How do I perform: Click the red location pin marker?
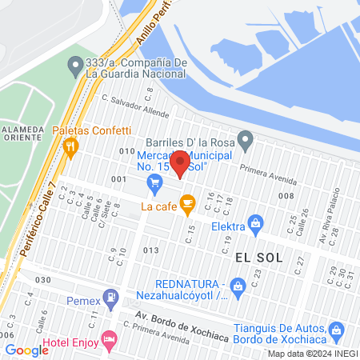[x=182, y=163]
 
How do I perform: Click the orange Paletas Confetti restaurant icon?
[x=72, y=146]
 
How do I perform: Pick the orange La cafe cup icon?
[x=187, y=206]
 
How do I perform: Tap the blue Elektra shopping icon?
[x=256, y=222]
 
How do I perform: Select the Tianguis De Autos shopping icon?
[x=336, y=330]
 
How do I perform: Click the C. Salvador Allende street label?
[x=135, y=106]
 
